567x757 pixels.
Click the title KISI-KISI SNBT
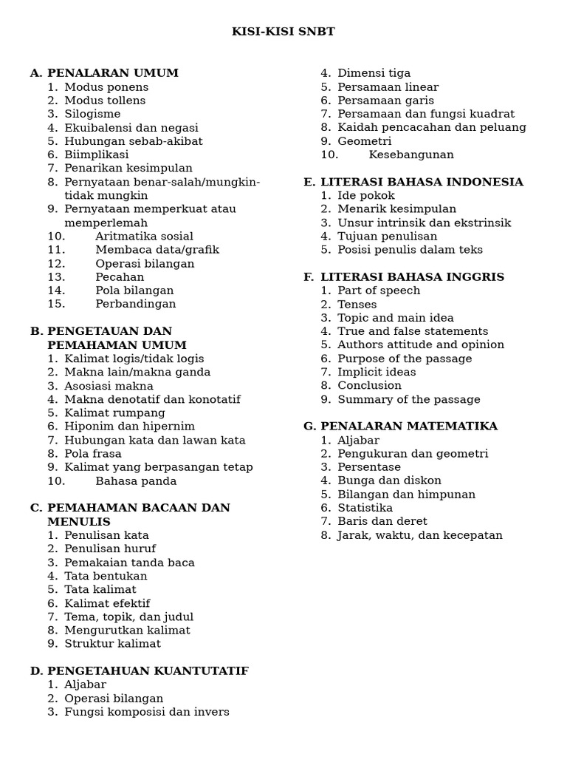click(x=283, y=32)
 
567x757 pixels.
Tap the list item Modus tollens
click(x=105, y=101)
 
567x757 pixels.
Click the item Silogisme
click(x=92, y=114)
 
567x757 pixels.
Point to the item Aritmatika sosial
click(x=144, y=237)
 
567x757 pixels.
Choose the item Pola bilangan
click(x=134, y=291)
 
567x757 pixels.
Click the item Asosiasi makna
click(x=109, y=386)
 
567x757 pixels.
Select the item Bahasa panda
click(x=136, y=481)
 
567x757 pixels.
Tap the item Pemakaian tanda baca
click(x=129, y=563)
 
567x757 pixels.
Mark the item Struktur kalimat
click(x=112, y=644)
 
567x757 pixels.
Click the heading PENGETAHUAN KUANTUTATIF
click(x=148, y=671)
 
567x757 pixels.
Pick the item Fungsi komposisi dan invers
click(x=147, y=712)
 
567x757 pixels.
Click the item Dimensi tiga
click(x=374, y=73)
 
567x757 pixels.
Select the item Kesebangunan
click(x=411, y=155)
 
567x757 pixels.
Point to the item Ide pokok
click(x=366, y=196)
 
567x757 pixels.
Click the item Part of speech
click(x=379, y=291)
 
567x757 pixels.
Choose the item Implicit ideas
click(x=377, y=372)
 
